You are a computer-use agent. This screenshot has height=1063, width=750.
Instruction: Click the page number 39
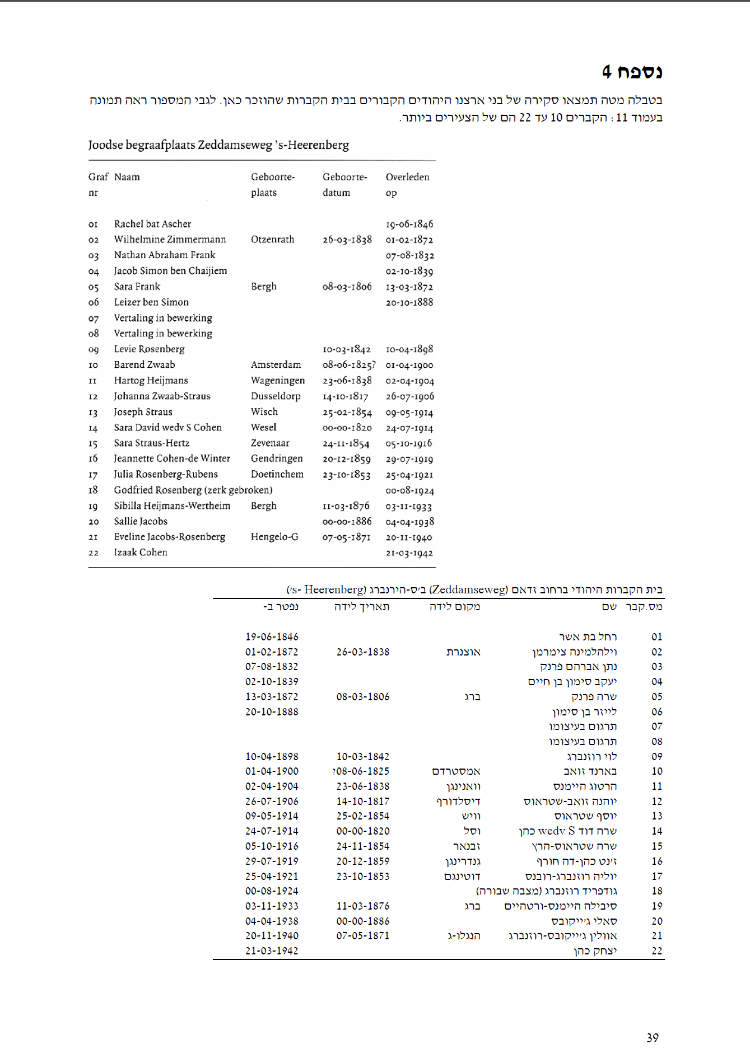(653, 1037)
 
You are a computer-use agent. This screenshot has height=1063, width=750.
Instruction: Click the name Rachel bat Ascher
(152, 224)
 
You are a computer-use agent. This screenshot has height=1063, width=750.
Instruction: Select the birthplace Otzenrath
(272, 240)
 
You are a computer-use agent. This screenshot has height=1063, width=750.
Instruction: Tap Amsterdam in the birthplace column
(276, 364)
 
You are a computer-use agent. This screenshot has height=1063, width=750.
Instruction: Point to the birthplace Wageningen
(278, 380)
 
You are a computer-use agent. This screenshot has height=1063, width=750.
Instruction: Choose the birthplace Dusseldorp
(276, 396)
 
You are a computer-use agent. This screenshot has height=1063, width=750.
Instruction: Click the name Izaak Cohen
(141, 552)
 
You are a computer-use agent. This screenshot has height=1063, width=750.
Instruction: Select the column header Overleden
(407, 177)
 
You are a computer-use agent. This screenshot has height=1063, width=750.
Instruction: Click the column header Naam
(127, 177)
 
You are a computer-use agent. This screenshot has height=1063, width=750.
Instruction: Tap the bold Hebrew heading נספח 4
(632, 72)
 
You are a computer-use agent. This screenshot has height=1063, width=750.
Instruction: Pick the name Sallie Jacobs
(141, 521)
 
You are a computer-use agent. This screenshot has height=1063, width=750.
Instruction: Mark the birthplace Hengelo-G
(274, 537)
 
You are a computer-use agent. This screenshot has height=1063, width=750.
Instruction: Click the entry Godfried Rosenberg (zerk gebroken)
(193, 490)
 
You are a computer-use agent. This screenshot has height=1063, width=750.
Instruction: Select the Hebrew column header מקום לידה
(454, 606)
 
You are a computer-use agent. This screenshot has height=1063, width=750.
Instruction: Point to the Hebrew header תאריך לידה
(362, 606)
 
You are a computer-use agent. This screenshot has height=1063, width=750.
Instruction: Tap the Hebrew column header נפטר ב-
(281, 606)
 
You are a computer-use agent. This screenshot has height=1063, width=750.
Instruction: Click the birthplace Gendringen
(277, 458)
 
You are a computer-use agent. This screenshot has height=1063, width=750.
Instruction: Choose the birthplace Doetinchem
(277, 474)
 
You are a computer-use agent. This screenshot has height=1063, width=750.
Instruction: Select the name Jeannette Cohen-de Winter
(172, 458)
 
